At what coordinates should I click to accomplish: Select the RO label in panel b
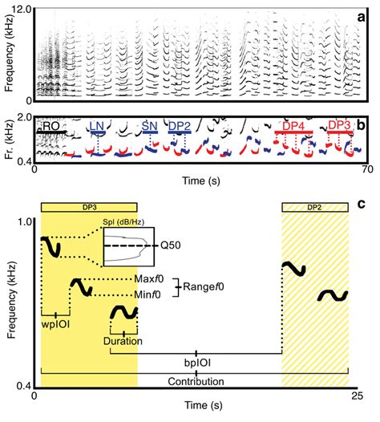51,126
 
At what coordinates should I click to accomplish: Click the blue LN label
96,127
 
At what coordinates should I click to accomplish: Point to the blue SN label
149,127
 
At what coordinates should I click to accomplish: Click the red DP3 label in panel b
340,127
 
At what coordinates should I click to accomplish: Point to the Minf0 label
152,294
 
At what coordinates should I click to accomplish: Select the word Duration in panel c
123,341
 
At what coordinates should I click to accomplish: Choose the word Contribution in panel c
193,381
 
